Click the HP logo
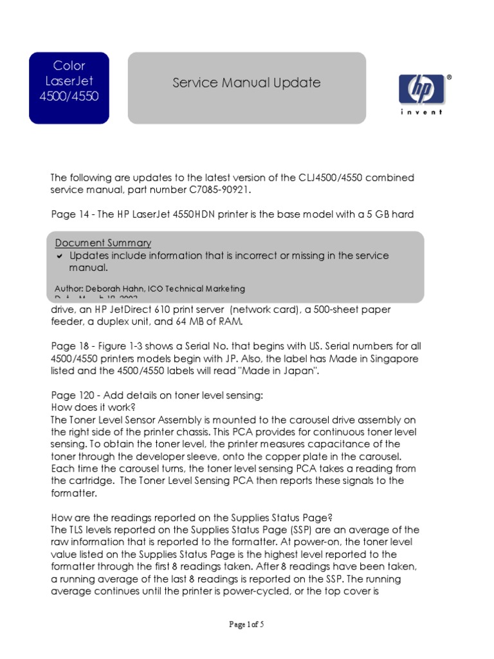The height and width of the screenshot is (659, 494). coord(421,89)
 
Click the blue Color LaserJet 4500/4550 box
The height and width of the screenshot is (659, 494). coord(69,88)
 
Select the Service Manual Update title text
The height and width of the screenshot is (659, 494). coord(246,83)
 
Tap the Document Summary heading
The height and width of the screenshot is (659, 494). coord(103,243)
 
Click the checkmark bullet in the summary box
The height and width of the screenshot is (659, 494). coord(59,256)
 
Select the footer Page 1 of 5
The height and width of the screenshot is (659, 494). coord(246,624)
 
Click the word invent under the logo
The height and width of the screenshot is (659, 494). coord(421,112)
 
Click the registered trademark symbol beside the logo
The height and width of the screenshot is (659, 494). coord(449,77)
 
